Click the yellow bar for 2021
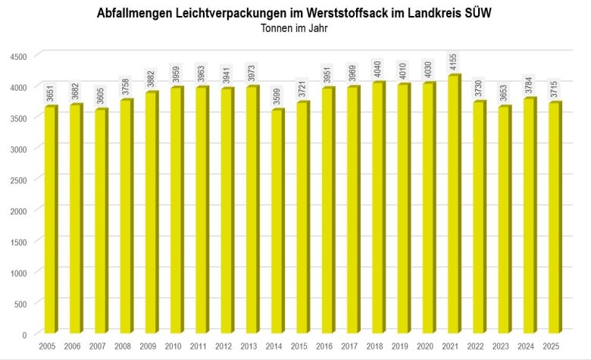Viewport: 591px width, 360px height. click(453, 205)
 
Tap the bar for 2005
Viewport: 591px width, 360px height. click(49, 220)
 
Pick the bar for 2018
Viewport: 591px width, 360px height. click(377, 208)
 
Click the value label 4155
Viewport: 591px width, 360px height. click(454, 61)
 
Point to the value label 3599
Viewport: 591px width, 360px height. click(277, 96)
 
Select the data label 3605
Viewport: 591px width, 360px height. click(101, 96)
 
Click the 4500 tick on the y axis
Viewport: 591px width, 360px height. click(18, 56)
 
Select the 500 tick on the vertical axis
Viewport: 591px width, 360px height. click(20, 303)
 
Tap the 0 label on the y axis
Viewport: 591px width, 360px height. click(24, 334)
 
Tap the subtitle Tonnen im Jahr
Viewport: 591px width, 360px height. click(295, 29)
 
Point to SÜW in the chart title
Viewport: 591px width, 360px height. click(477, 14)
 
